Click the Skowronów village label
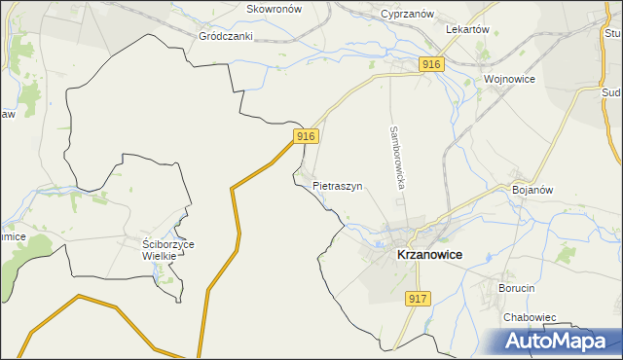[275, 8]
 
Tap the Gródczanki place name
[226, 36]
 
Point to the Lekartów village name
[466, 29]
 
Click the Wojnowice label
[510, 79]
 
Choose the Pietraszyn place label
[338, 185]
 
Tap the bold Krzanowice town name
[429, 254]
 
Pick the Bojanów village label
[532, 190]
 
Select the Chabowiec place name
[530, 317]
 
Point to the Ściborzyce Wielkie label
[168, 250]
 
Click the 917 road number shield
[418, 299]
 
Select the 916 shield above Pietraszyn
[306, 136]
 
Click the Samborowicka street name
[397, 156]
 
